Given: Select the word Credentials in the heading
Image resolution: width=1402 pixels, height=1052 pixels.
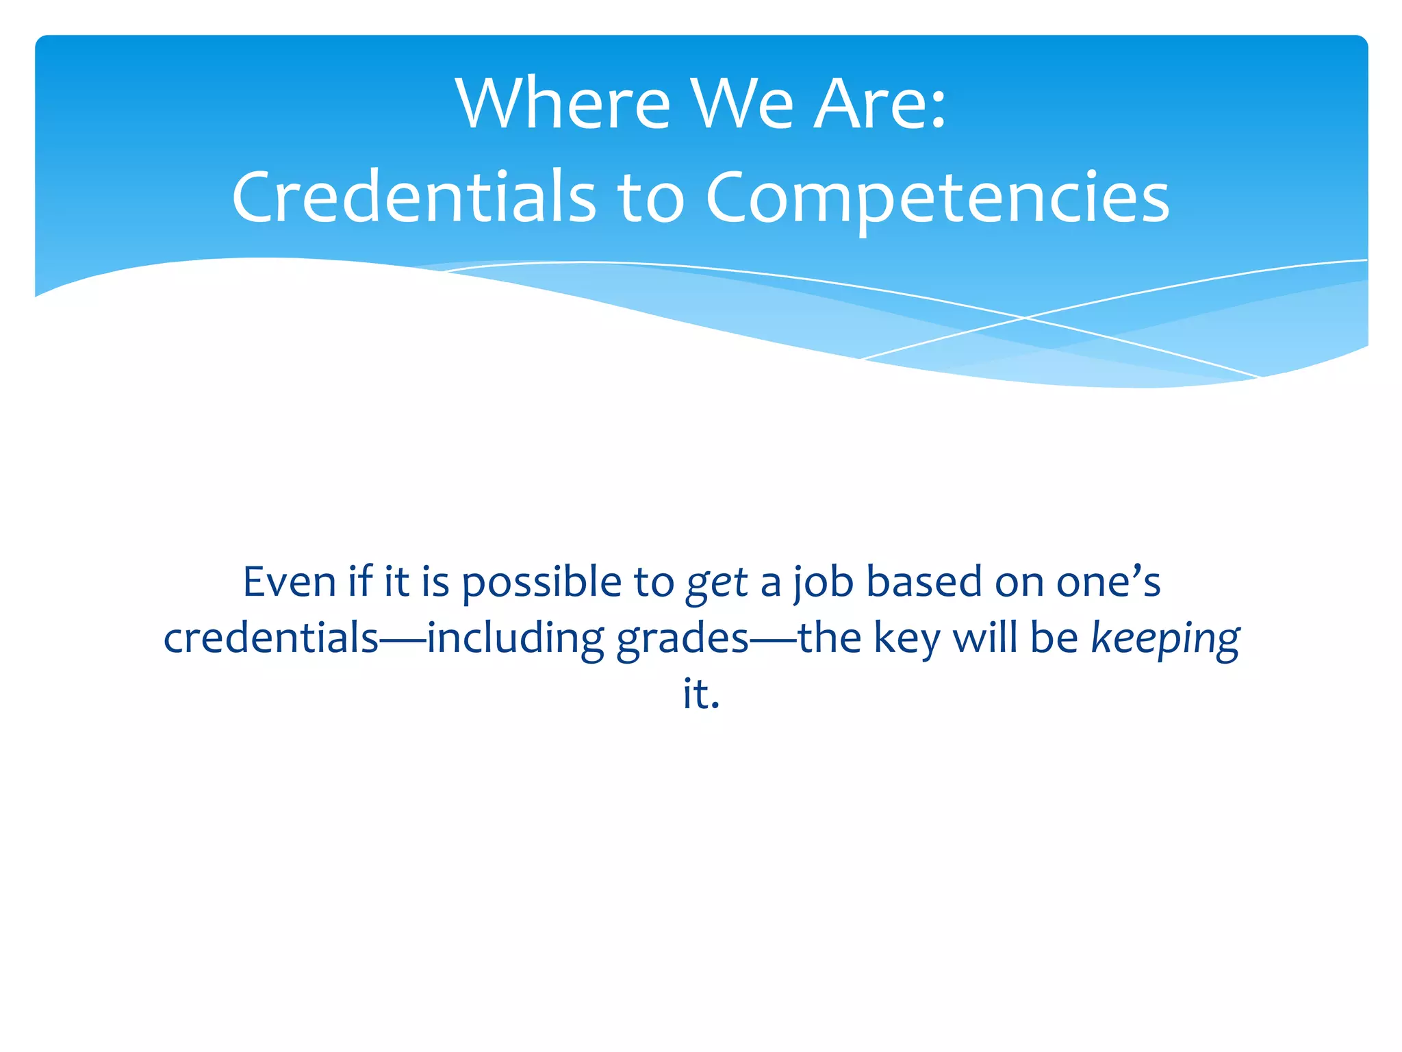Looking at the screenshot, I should pos(413,197).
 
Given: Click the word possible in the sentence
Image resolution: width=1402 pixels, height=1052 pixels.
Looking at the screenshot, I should pos(541,584).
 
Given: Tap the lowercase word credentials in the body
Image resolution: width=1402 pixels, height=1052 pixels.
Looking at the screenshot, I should pos(271,638).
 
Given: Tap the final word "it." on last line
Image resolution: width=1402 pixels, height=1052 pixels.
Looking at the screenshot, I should pos(701,694).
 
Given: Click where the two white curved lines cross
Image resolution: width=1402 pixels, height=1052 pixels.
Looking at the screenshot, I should pos(1025,318).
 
